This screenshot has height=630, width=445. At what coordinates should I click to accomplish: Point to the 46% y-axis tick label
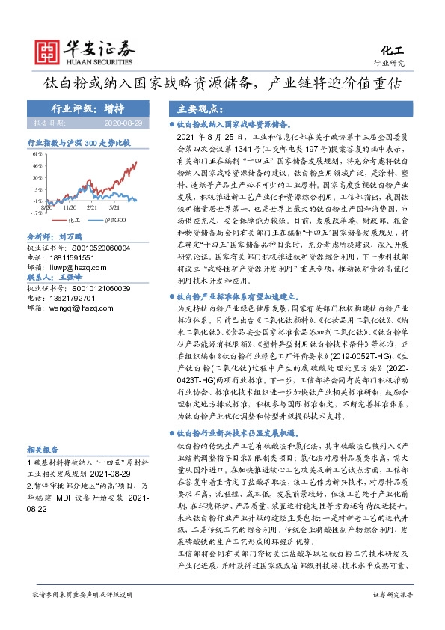coord(37,165)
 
